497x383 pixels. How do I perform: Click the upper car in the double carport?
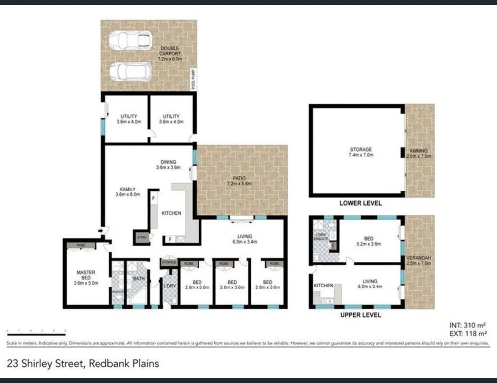click(x=130, y=40)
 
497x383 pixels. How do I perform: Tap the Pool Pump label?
click(x=194, y=79)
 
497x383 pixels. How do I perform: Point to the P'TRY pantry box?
click(x=141, y=238)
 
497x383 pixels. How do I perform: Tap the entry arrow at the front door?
click(x=102, y=230)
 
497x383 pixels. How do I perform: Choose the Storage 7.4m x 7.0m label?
click(x=360, y=152)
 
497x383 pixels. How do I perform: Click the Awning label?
click(x=419, y=152)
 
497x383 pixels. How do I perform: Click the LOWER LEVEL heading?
click(x=360, y=203)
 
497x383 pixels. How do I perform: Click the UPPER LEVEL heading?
click(x=360, y=315)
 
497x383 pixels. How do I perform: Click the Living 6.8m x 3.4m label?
click(x=245, y=239)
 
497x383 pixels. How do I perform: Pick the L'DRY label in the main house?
click(x=169, y=286)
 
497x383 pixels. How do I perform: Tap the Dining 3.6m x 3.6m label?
click(x=168, y=164)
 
